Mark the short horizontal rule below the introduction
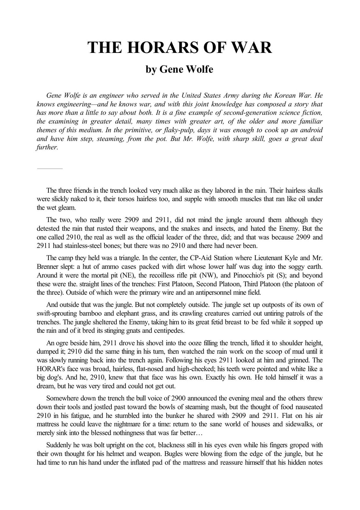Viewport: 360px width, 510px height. [x=50, y=168]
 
